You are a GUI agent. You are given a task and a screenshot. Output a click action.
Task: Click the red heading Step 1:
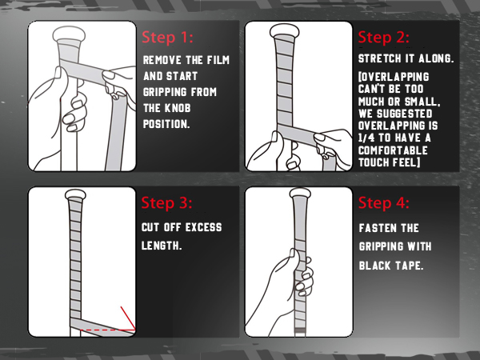click(x=167, y=38)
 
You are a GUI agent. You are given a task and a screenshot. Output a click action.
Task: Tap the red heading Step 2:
click(x=383, y=38)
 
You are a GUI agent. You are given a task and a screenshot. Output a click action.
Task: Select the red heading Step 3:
click(x=167, y=203)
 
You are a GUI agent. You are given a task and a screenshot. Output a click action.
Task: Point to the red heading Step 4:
click(x=384, y=203)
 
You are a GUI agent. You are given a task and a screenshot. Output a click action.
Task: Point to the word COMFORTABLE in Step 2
click(x=393, y=150)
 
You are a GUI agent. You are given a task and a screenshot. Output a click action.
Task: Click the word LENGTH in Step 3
click(x=160, y=246)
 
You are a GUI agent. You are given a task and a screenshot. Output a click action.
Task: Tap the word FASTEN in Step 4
click(x=373, y=228)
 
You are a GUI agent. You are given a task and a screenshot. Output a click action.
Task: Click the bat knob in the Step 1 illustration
click(x=69, y=34)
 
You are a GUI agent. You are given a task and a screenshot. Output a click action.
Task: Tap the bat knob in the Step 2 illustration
click(x=284, y=31)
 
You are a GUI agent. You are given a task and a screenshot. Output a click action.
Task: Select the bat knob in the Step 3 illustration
click(x=76, y=194)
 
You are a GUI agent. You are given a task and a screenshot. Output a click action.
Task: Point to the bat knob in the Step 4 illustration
click(x=300, y=192)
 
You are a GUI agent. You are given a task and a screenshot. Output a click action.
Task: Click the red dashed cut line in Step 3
click(x=106, y=330)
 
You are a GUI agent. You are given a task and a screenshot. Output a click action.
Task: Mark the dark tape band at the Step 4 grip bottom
click(x=300, y=330)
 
